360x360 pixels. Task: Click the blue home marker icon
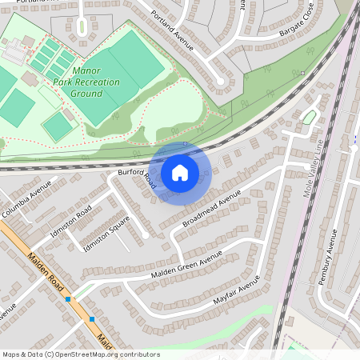click(180, 172)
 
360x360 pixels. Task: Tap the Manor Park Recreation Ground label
click(85, 82)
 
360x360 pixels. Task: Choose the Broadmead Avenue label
click(211, 210)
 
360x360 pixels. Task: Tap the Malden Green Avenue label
click(187, 268)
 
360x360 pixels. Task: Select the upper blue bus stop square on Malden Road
click(69, 299)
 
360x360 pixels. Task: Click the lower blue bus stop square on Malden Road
click(93, 319)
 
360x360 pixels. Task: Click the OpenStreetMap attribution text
click(80, 354)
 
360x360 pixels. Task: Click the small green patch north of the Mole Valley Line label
click(309, 118)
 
